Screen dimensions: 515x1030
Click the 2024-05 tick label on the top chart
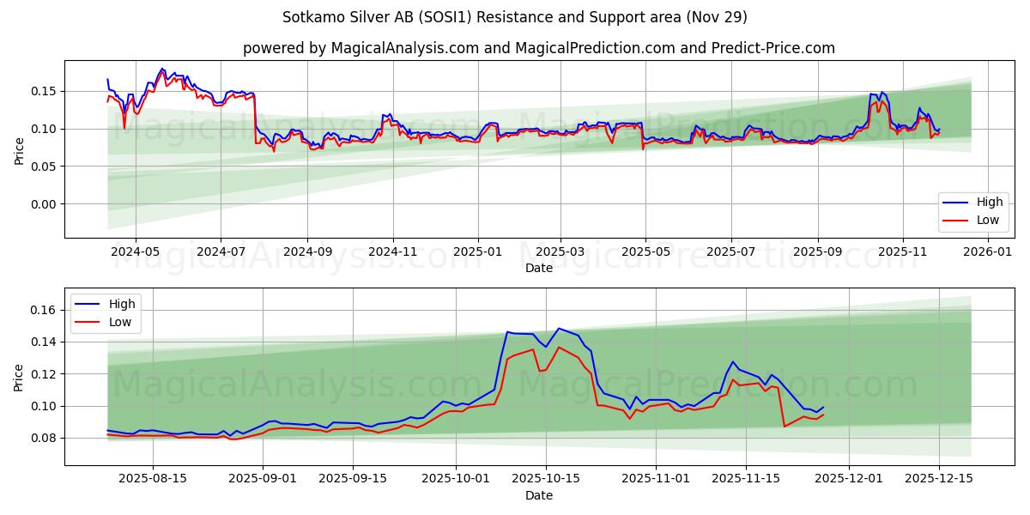pyautogui.click(x=135, y=252)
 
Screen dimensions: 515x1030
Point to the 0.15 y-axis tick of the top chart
pyautogui.click(x=43, y=91)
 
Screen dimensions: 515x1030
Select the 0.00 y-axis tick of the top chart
pyautogui.click(x=43, y=204)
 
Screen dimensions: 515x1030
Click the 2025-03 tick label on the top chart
pyautogui.click(x=560, y=252)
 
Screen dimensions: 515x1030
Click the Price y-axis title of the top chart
pyautogui.click(x=19, y=150)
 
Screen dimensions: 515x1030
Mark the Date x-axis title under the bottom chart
pyautogui.click(x=538, y=495)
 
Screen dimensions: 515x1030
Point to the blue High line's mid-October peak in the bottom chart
pyautogui.click(x=559, y=328)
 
